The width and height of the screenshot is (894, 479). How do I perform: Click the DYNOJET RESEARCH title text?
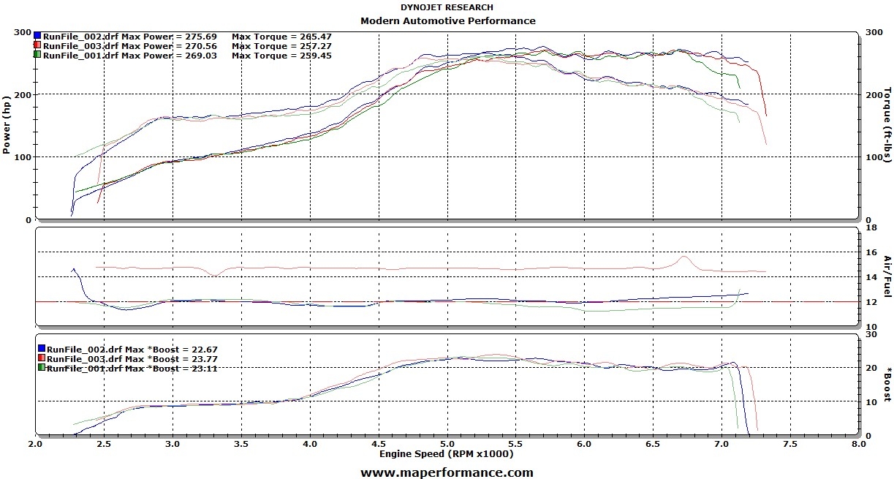click(447, 7)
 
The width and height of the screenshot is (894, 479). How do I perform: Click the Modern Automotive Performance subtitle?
click(447, 20)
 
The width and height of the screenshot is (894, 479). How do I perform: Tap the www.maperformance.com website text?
click(447, 472)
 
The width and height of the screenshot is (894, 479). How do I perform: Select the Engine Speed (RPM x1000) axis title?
click(446, 454)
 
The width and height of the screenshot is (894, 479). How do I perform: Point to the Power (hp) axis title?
click(7, 127)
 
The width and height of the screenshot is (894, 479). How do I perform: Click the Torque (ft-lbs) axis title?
click(888, 127)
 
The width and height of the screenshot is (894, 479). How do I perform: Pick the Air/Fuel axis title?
click(888, 276)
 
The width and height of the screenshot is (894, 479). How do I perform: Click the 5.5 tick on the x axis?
click(515, 444)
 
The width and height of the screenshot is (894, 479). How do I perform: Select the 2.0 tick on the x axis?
click(35, 444)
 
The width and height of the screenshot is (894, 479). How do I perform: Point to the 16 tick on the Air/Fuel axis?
click(871, 252)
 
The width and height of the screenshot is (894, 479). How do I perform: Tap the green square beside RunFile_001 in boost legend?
click(42, 368)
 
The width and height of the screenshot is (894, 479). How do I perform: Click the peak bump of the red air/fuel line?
click(683, 257)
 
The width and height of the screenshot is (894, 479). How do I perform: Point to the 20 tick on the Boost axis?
click(870, 368)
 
